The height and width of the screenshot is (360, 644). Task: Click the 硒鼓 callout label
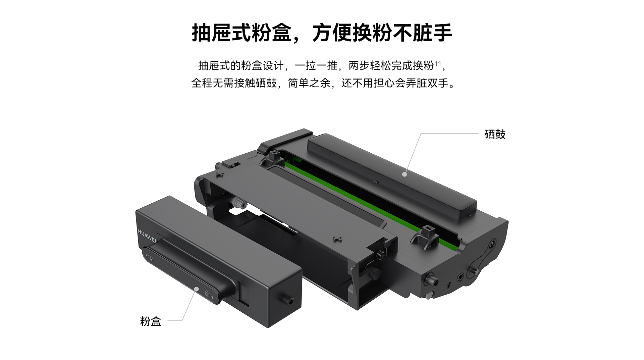495,134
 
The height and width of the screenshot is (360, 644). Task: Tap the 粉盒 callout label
150,321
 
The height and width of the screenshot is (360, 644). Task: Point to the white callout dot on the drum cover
405,174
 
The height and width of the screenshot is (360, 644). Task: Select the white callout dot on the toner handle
197,289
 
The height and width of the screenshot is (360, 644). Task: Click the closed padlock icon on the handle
207,294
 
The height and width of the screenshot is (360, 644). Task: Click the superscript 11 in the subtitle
438,63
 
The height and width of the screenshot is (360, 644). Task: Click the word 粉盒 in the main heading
271,33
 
